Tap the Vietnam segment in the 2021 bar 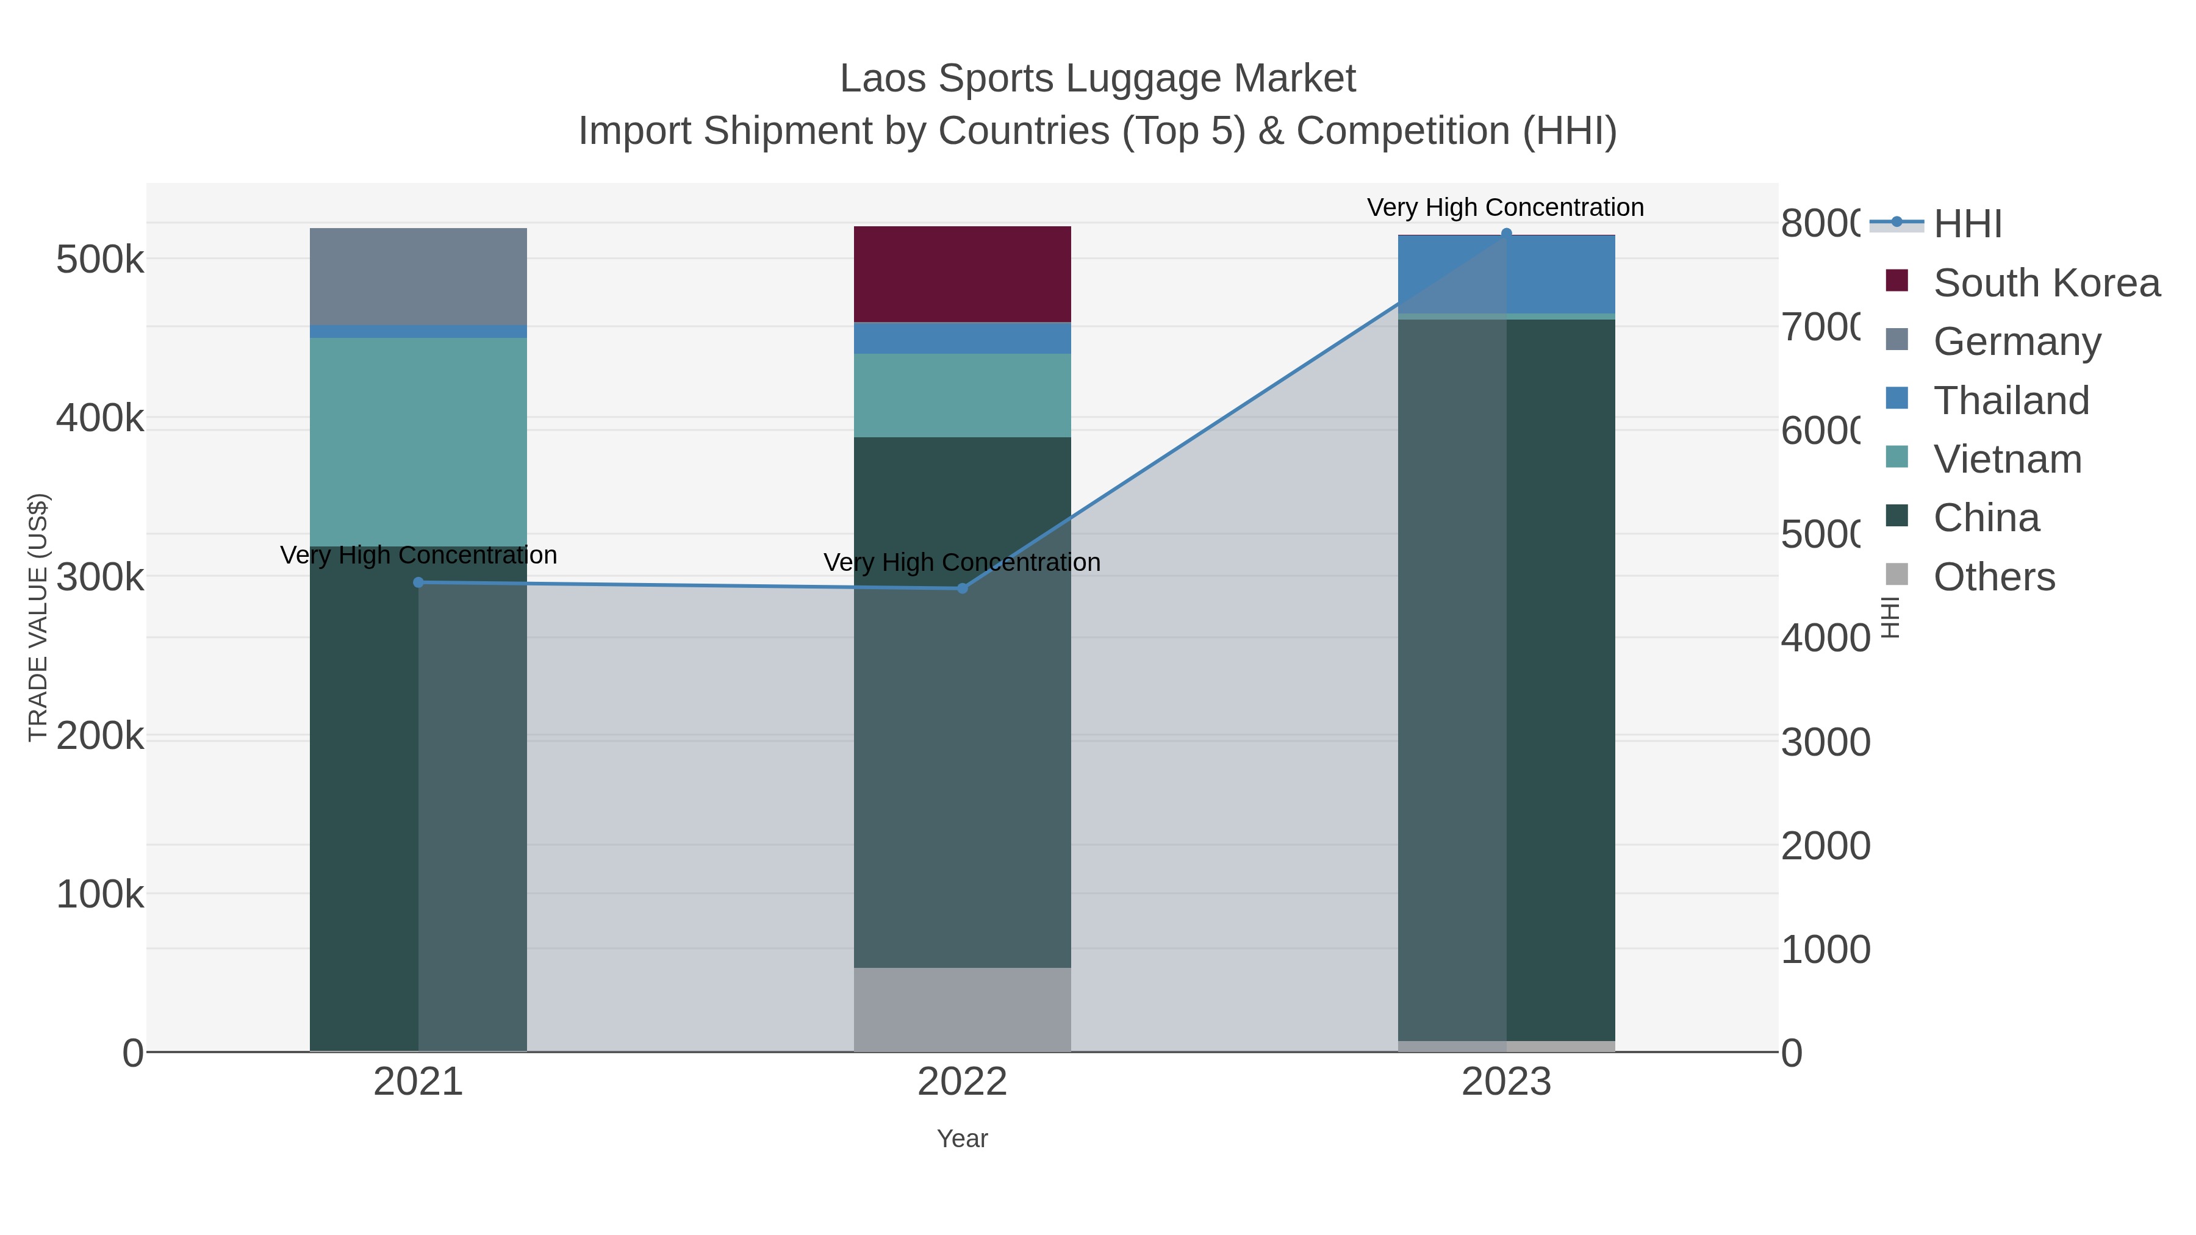coord(418,442)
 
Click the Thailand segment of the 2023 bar coord(1505,274)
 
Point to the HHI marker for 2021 coord(418,583)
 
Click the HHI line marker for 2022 coord(963,588)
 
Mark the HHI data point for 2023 coord(1506,234)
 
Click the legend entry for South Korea coord(2046,283)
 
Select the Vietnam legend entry coord(2007,459)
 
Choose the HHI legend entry coord(1967,224)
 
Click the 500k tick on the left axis coord(100,259)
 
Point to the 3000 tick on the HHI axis coord(1825,742)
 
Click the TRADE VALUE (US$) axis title coord(38,617)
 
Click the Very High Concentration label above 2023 coord(1505,207)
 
